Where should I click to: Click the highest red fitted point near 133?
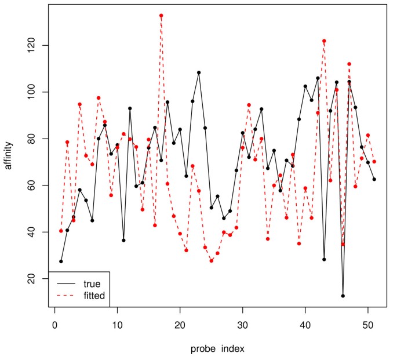(161, 16)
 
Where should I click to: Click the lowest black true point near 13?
(343, 296)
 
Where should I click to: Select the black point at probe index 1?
(61, 261)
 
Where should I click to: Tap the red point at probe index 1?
(61, 231)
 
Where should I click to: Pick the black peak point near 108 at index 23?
(199, 72)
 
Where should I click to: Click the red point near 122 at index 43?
(324, 41)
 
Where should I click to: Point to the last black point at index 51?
(374, 179)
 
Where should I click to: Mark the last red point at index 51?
(374, 161)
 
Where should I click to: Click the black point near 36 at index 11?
(123, 240)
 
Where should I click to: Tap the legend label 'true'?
(92, 284)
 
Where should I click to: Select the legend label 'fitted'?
(94, 296)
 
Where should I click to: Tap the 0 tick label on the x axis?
(54, 326)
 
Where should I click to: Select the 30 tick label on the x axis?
(243, 326)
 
